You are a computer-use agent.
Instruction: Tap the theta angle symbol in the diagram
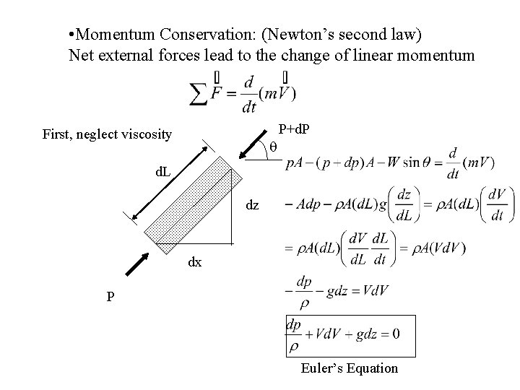[272, 147]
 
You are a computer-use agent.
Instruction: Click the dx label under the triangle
[195, 263]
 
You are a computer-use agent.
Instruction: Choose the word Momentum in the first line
[113, 34]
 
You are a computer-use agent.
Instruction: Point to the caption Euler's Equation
[350, 368]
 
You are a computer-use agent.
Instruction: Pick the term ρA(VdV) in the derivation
[430, 248]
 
